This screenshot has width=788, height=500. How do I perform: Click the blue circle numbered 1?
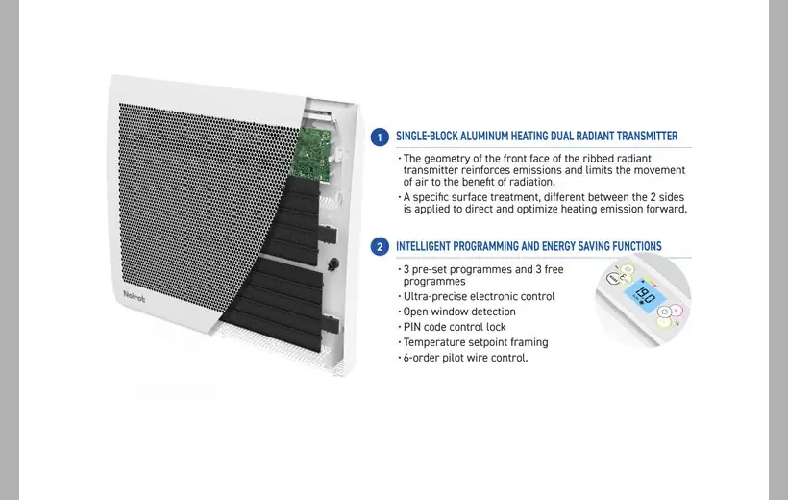[x=380, y=137]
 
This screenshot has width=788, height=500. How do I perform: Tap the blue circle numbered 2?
[x=380, y=247]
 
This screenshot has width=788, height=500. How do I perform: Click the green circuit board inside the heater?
[x=313, y=151]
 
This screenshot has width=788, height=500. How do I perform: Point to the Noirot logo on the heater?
[x=135, y=297]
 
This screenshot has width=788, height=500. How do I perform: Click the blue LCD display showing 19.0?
[x=644, y=295]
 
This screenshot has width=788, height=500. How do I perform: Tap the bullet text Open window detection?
[x=459, y=312]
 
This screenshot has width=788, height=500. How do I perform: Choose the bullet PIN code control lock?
[x=455, y=327]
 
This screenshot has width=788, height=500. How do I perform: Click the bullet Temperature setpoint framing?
[x=476, y=342]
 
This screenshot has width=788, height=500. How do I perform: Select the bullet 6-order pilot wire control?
[x=465, y=358]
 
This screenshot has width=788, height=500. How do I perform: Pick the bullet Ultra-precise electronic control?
[x=479, y=297]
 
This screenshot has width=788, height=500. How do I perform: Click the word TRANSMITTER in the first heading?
[x=647, y=137]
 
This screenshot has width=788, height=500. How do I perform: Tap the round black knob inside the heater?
[x=332, y=264]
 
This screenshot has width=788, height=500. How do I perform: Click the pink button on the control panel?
[x=676, y=311]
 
